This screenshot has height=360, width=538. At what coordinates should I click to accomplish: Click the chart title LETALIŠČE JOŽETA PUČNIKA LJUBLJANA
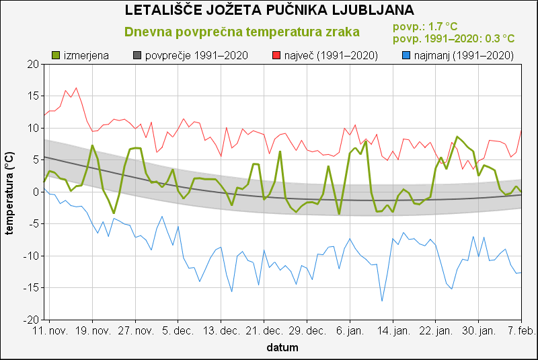pyautogui.click(x=270, y=11)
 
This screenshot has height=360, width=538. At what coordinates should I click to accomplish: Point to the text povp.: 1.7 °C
pyautogui.click(x=424, y=27)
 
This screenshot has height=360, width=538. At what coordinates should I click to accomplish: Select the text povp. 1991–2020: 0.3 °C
pyautogui.click(x=453, y=39)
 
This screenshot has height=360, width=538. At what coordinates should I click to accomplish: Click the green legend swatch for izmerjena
pyautogui.click(x=56, y=55)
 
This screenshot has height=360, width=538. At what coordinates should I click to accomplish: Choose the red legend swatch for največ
pyautogui.click(x=276, y=55)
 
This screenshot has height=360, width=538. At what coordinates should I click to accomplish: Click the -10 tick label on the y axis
pyautogui.click(x=30, y=256)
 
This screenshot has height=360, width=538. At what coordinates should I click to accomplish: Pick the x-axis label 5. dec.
pyautogui.click(x=178, y=332)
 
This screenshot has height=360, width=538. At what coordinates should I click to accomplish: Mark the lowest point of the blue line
pyautogui.click(x=382, y=301)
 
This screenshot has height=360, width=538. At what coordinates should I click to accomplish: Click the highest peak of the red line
pyautogui.click(x=76, y=87)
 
